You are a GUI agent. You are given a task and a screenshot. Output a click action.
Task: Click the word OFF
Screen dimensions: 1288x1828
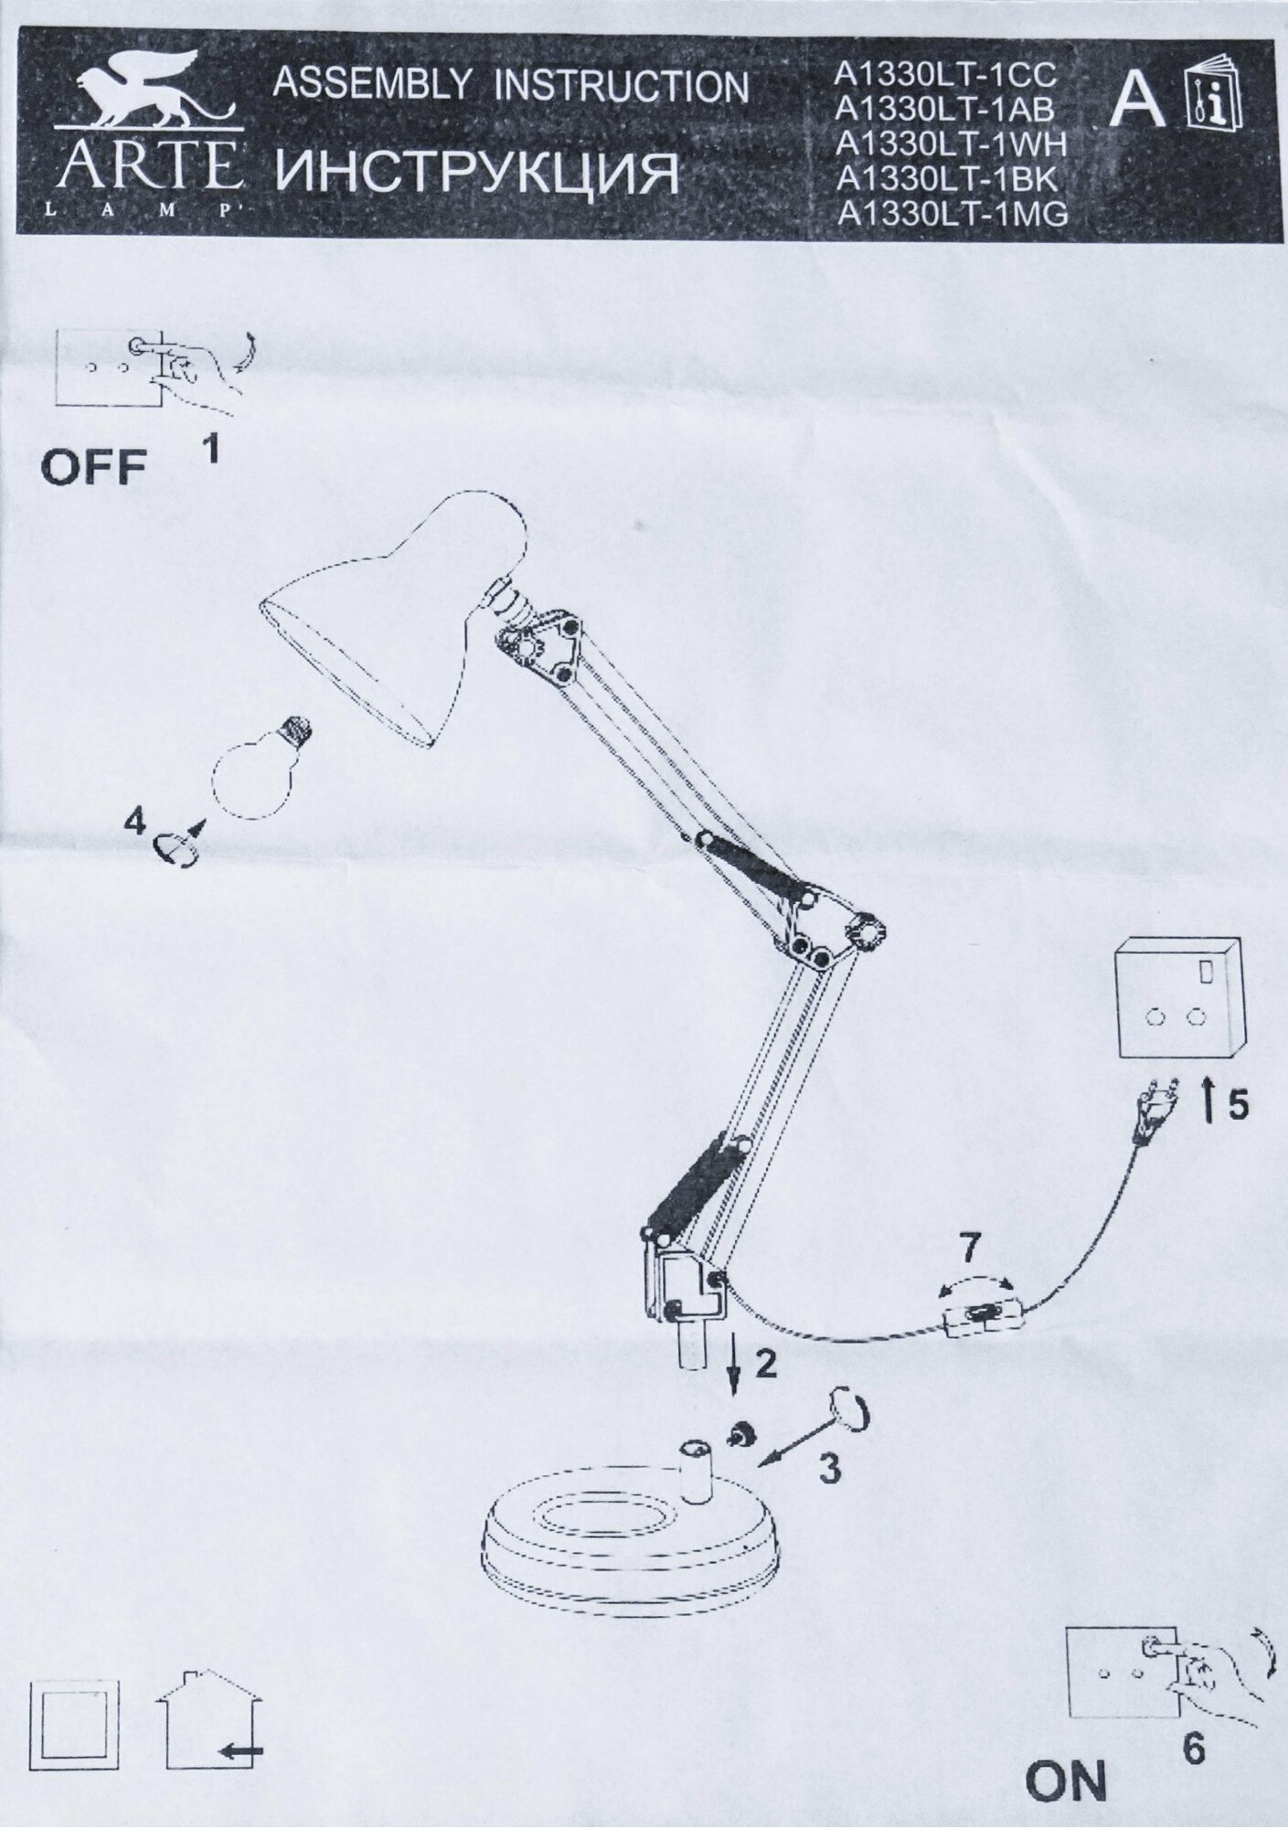(x=93, y=468)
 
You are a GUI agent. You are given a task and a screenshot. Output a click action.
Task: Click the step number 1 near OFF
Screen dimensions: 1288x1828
(x=209, y=449)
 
